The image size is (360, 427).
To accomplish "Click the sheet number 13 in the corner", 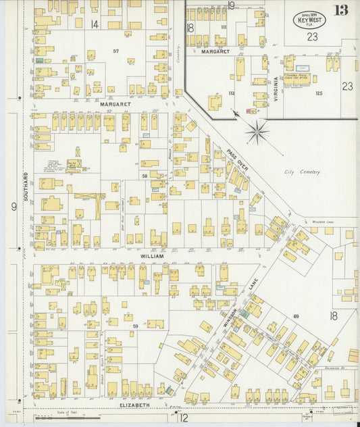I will click(341, 10).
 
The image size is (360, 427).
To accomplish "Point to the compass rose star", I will click(257, 131).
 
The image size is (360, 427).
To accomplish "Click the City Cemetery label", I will click(303, 172).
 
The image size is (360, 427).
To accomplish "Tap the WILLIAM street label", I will click(153, 257).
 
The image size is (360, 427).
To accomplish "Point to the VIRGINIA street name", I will click(276, 88).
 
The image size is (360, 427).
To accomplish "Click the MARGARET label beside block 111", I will click(215, 51).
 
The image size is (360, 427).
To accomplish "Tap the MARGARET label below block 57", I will click(115, 105).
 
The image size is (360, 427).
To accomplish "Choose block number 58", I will click(144, 176).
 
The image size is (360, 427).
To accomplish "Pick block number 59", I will click(135, 326).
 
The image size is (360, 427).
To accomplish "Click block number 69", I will click(295, 316).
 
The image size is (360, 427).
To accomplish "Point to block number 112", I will click(231, 93).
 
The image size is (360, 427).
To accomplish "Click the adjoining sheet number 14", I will click(95, 24).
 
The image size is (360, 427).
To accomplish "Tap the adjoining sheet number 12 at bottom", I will click(183, 418).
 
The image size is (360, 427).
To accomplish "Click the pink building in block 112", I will click(252, 110).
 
